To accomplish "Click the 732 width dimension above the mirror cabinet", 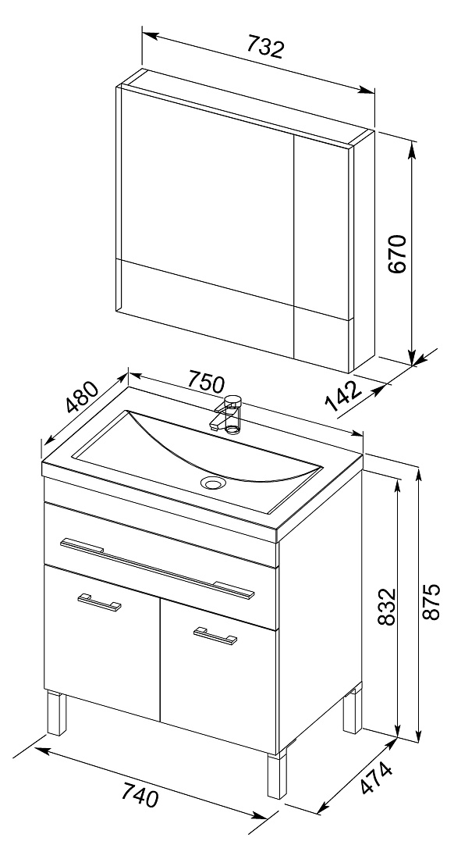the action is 265,47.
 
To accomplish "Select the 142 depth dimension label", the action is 345,396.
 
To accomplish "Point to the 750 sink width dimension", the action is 206,380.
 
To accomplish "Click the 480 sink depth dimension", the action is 82,397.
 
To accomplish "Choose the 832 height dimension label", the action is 387,607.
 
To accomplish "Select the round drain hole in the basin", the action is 213,483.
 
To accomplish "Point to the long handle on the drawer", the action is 157,567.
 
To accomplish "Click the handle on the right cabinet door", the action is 215,635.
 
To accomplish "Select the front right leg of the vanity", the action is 278,775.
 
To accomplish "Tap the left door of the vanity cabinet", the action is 101,642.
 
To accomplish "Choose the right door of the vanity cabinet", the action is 218,675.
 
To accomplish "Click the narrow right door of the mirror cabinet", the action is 321,249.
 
